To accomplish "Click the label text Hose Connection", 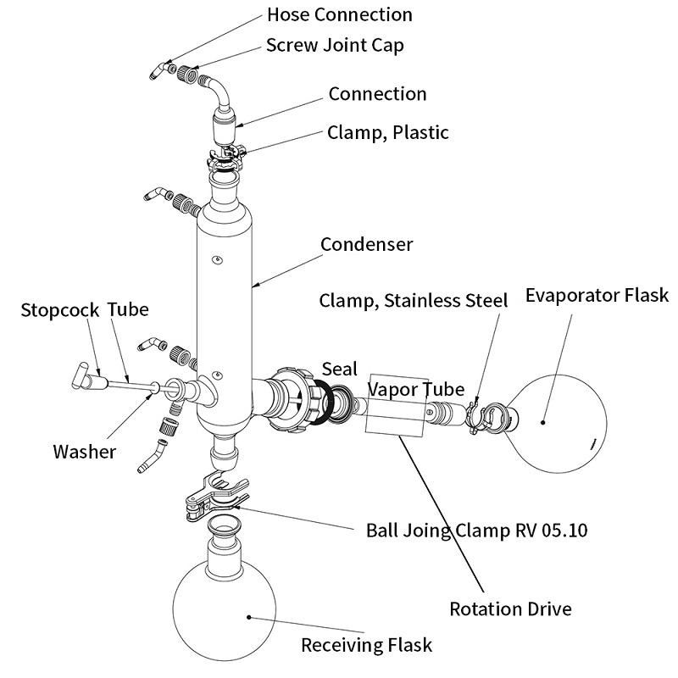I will tap(339, 14).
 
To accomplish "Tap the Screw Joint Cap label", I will tap(335, 45).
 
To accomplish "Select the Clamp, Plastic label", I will tap(388, 132).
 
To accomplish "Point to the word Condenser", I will tap(367, 244).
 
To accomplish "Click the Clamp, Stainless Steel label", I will tap(413, 300).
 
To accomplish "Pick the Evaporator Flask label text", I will tap(597, 295).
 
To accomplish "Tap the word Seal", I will tap(339, 370).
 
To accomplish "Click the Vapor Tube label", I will tap(415, 389).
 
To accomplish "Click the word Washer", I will tap(84, 451).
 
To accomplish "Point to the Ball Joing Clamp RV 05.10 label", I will tap(476, 531).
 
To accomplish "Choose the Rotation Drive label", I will tap(510, 609).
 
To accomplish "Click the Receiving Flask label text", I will tap(366, 645).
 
